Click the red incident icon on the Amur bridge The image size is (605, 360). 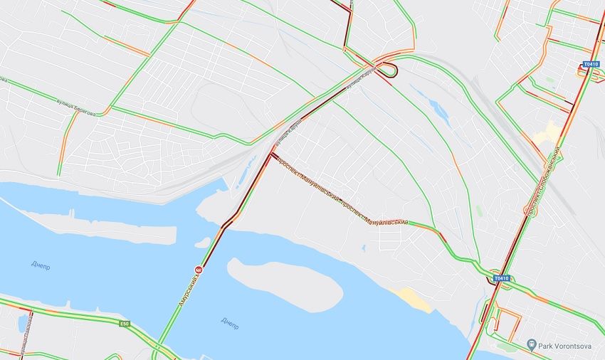coord(200,270)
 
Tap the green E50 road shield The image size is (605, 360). coord(125,324)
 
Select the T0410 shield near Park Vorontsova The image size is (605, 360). coord(502,278)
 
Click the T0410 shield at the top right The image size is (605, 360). coord(591,64)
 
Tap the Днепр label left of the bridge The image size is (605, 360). coord(42,265)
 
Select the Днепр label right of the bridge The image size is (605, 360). coord(230,322)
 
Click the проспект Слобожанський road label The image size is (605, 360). coord(541,181)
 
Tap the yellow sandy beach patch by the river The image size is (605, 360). coord(414,299)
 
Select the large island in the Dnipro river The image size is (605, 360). coord(285,285)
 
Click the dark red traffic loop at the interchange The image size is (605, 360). coord(389,69)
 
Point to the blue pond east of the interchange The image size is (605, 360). coord(437,110)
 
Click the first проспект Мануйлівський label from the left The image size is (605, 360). coord(306,184)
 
